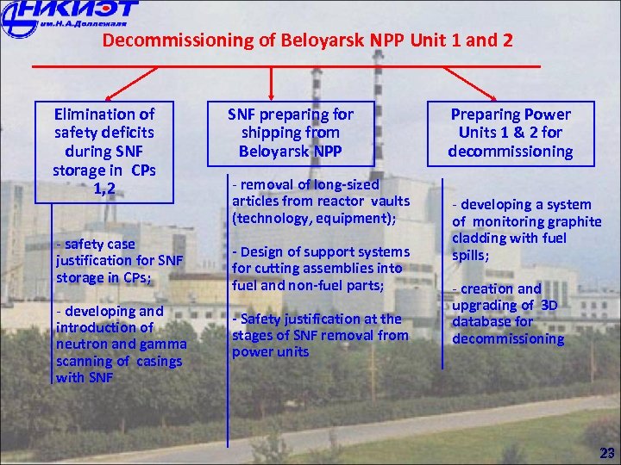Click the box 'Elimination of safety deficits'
[x=104, y=151]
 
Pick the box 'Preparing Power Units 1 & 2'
[x=510, y=133]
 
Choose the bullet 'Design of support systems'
[x=320, y=268]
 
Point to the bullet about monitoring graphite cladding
[x=527, y=230]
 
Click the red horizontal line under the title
[x=285, y=67]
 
